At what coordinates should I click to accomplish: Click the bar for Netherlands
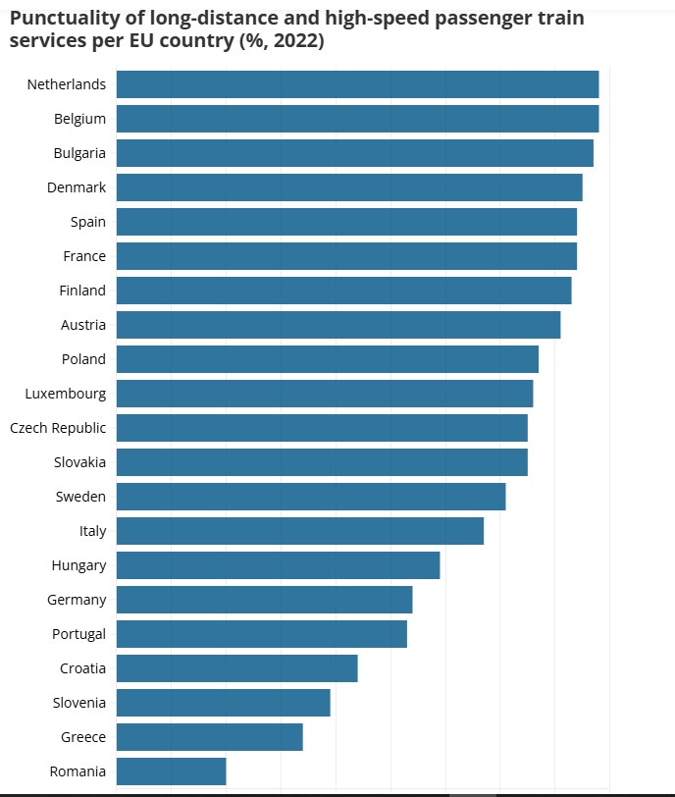(x=357, y=84)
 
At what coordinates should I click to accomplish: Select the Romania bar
(x=171, y=771)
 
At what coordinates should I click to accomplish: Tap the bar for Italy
(x=299, y=531)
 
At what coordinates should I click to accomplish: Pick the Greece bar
(x=209, y=737)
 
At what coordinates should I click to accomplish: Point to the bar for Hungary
(x=278, y=565)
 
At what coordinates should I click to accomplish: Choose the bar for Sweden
(x=311, y=497)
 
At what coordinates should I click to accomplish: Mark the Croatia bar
(x=236, y=668)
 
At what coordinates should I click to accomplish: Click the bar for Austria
(x=338, y=325)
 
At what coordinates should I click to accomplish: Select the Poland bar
(x=327, y=359)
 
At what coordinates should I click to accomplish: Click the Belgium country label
(x=79, y=119)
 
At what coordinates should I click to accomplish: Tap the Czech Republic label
(x=58, y=428)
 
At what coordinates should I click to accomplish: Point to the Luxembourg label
(x=65, y=394)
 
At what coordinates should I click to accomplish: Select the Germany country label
(x=77, y=600)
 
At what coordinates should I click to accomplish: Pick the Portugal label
(x=78, y=634)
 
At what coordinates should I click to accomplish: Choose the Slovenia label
(x=78, y=703)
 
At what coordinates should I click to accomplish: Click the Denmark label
(x=77, y=187)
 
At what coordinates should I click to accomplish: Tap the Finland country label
(x=82, y=291)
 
